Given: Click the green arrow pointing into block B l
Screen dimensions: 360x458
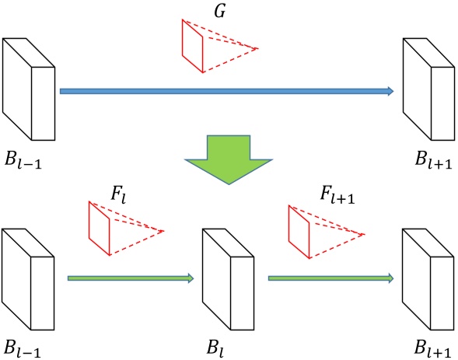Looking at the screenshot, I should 131,278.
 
